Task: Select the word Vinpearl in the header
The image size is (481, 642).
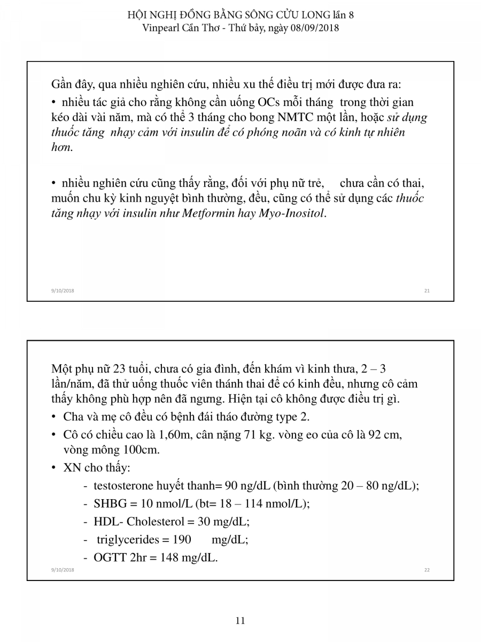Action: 161,28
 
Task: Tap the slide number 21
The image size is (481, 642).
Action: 426,291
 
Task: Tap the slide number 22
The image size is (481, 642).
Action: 426,570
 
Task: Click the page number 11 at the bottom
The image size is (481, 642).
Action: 240,621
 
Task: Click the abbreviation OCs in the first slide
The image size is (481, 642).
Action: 272,102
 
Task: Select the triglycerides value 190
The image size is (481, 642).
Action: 182,539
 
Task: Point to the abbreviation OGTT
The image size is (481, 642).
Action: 110,557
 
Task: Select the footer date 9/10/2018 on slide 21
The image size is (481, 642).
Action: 63,291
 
